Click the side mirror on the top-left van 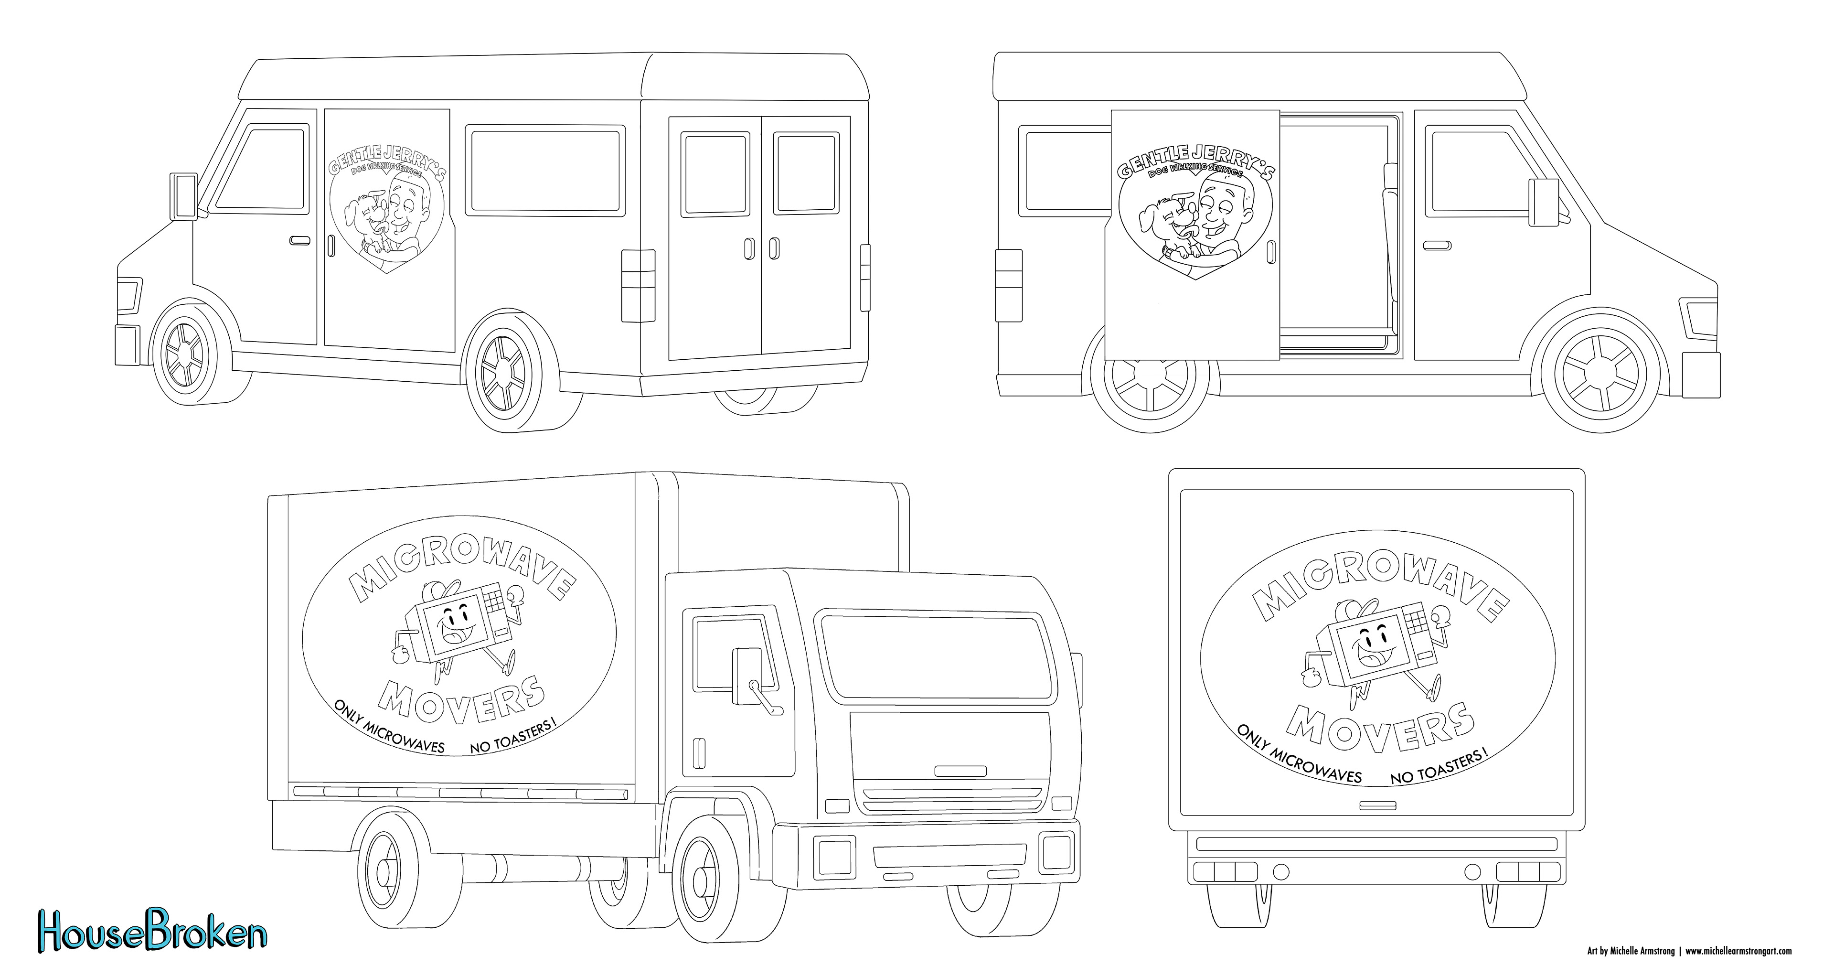pos(183,195)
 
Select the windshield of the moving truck pos(936,657)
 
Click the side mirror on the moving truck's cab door pos(746,668)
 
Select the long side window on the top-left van pos(546,171)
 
